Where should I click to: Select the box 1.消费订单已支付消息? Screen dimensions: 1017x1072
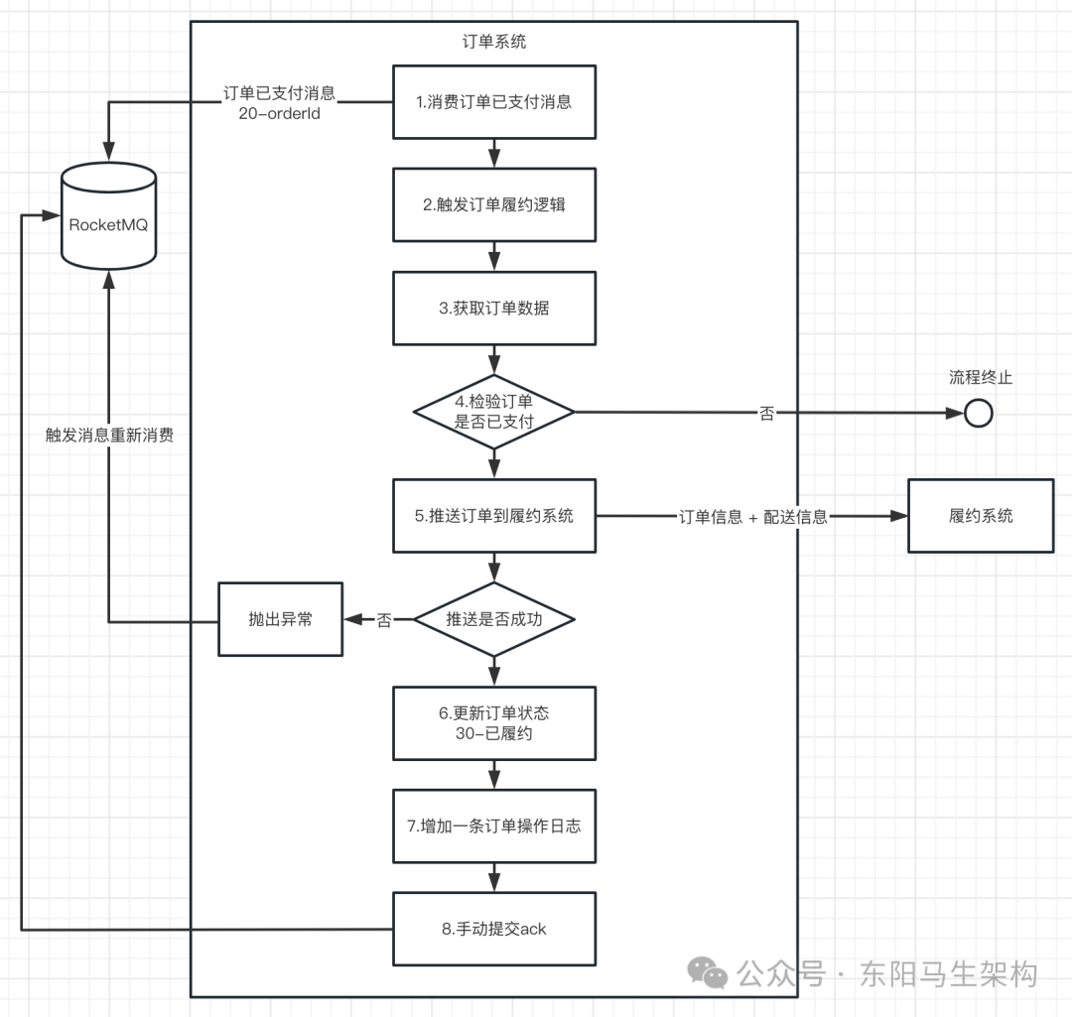tap(494, 102)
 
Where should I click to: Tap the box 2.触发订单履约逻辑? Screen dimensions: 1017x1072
tap(494, 205)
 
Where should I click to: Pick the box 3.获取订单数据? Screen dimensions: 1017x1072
tap(494, 309)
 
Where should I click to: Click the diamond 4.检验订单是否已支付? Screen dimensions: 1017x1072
tap(494, 412)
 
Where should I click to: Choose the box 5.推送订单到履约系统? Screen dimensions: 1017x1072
tap(494, 516)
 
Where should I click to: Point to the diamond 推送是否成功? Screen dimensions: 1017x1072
tap(494, 619)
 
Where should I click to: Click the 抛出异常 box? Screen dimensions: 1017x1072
tap(280, 619)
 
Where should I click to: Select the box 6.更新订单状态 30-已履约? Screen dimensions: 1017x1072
tap(494, 723)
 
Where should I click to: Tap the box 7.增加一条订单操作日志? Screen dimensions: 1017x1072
tap(494, 826)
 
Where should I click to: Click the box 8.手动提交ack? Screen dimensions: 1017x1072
tap(494, 930)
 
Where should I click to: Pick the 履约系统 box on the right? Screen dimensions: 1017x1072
tap(981, 516)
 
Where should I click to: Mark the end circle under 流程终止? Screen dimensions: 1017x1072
tap(979, 413)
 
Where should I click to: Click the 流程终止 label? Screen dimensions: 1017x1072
tap(981, 377)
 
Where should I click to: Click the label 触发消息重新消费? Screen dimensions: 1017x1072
tap(109, 435)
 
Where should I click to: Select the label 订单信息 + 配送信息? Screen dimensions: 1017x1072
tap(753, 517)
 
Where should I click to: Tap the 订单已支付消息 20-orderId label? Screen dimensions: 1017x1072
tap(279, 103)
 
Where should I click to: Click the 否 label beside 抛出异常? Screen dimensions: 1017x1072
tap(384, 620)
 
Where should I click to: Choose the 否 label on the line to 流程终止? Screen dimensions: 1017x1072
tap(767, 414)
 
